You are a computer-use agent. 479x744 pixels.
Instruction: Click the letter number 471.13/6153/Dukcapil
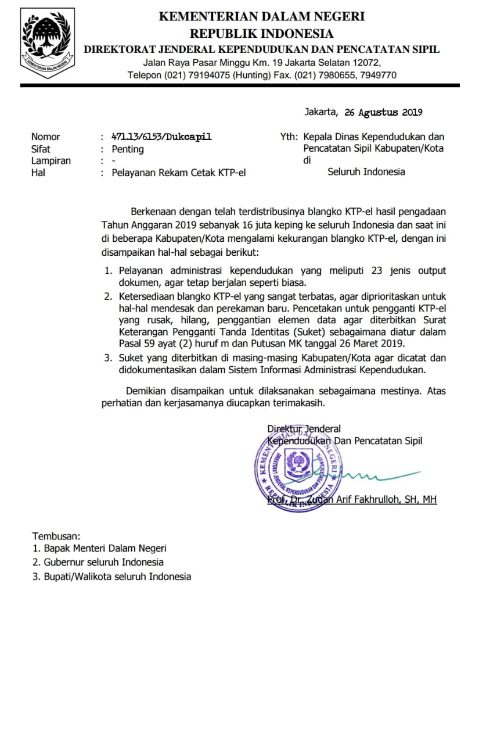[x=161, y=137]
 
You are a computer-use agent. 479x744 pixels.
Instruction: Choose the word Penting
[x=128, y=149]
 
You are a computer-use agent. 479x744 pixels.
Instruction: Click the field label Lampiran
[x=51, y=160]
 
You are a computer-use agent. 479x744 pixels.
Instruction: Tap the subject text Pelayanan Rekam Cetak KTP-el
[x=179, y=173]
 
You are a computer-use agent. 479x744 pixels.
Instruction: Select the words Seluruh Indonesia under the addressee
[x=366, y=171]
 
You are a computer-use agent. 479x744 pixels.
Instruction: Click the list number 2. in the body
[x=108, y=296]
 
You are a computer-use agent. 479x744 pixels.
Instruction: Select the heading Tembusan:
[x=56, y=536]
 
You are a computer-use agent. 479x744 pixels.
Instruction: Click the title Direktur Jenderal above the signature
[x=304, y=429]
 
